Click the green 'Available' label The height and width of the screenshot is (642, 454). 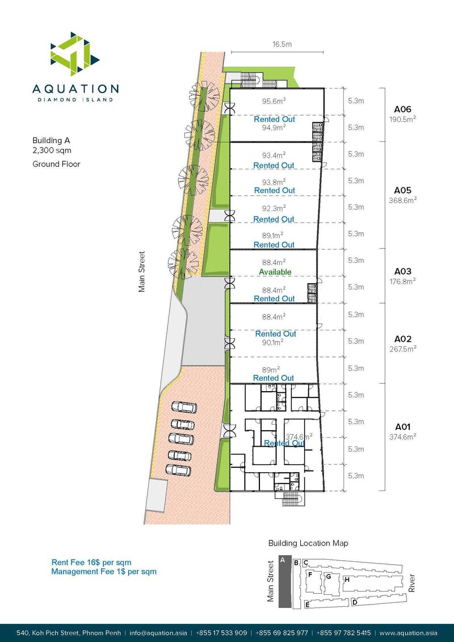(275, 272)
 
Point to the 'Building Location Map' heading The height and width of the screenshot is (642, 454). (308, 543)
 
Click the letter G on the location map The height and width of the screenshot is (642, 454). (328, 577)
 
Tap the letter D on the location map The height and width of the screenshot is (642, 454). (354, 602)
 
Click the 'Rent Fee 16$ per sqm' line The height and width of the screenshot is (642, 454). (91, 563)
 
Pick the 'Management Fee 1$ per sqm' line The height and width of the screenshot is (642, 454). (103, 572)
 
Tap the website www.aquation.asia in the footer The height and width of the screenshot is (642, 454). (407, 632)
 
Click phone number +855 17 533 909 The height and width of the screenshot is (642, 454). (221, 632)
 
